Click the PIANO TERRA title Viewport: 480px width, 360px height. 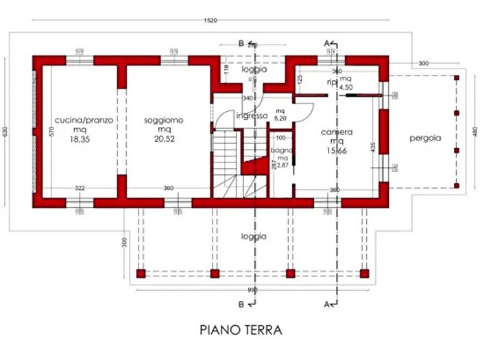(x=241, y=330)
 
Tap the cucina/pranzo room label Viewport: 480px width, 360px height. (x=84, y=119)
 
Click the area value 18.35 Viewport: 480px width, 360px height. (x=84, y=138)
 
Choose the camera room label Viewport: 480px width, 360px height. (x=336, y=132)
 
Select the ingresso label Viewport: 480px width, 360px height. (x=252, y=116)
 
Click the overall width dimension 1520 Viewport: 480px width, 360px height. (x=211, y=21)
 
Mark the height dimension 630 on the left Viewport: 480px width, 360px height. (x=7, y=132)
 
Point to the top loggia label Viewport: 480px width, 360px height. (x=254, y=69)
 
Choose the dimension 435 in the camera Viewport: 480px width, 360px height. (x=373, y=147)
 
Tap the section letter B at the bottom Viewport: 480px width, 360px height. (x=241, y=302)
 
